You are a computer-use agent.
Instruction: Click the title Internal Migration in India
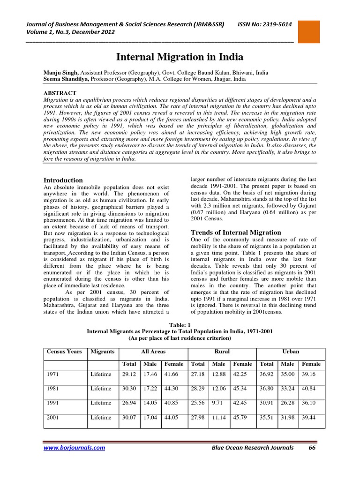pyautogui.click(x=180, y=57)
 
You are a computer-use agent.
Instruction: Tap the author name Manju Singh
pyautogui.click(x=61, y=73)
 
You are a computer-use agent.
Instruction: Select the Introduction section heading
pyautogui.click(x=63, y=180)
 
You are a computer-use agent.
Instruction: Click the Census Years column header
pyautogui.click(x=64, y=352)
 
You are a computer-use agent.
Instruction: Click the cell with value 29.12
pyautogui.click(x=129, y=374)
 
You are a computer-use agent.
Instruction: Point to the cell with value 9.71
pyautogui.click(x=217, y=403)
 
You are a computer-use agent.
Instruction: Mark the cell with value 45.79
pyautogui.click(x=242, y=417)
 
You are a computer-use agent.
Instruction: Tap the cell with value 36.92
pyautogui.click(x=267, y=374)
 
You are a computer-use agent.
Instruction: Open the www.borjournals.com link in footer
pyautogui.click(x=74, y=448)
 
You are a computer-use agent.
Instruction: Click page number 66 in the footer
pyautogui.click(x=311, y=448)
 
